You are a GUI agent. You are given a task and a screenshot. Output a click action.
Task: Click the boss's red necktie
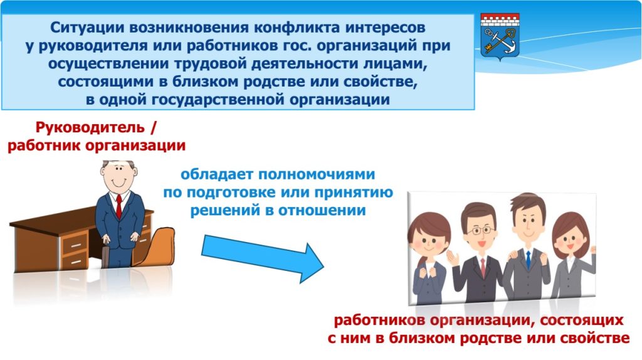pyautogui.click(x=118, y=206)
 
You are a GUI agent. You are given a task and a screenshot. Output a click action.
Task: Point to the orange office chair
pyautogui.click(x=154, y=246)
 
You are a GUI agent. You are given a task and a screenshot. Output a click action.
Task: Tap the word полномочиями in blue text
pyautogui.click(x=317, y=174)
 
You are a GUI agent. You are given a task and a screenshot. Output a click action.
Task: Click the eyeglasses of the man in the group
pyautogui.click(x=478, y=231)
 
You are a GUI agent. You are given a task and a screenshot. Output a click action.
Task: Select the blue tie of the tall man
pyautogui.click(x=528, y=259)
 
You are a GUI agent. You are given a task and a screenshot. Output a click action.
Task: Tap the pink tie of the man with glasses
pyautogui.click(x=483, y=266)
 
